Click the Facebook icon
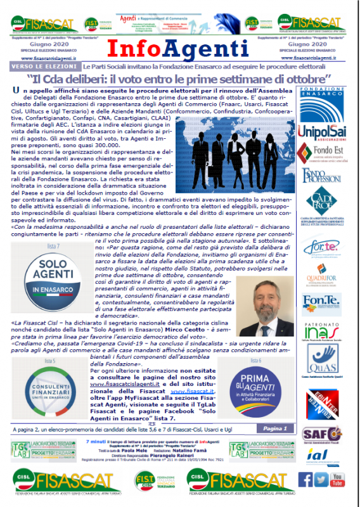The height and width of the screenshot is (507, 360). (x=305, y=479)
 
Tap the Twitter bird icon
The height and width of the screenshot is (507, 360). (x=321, y=479)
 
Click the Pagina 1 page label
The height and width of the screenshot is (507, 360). (x=276, y=429)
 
